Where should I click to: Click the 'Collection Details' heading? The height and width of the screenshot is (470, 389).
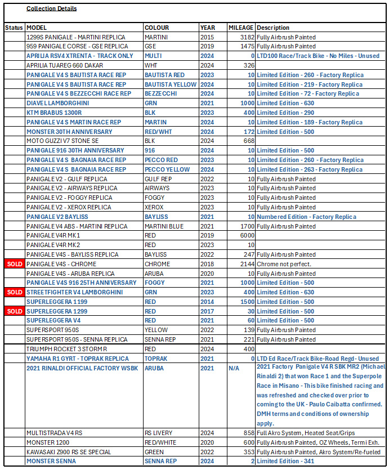52,8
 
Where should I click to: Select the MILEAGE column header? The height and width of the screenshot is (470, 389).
240,28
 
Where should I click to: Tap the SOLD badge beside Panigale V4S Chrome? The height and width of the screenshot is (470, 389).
15,264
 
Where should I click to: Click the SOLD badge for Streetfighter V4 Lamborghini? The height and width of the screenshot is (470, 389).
15,292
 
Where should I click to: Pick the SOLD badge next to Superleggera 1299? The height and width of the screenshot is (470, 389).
15,311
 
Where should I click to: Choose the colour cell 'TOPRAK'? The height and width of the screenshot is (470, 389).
156,359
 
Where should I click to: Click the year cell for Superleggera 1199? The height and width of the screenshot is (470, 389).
207,302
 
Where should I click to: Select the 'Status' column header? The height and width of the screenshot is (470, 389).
14,28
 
